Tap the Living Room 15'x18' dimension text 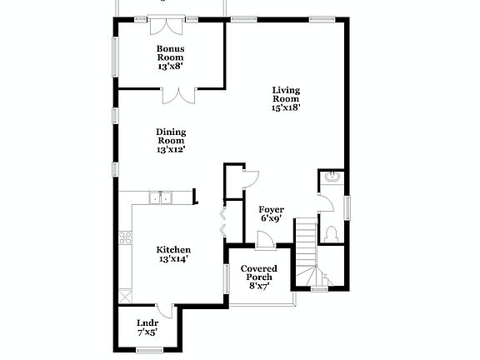[x=286, y=107]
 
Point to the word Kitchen [x=173, y=250]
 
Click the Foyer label [x=271, y=209]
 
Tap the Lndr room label [x=147, y=323]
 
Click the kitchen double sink [x=159, y=197]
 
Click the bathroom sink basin [x=331, y=177]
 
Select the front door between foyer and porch [x=265, y=241]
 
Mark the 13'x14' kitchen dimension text [x=173, y=260]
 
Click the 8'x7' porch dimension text [x=258, y=286]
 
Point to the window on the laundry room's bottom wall [x=148, y=349]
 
